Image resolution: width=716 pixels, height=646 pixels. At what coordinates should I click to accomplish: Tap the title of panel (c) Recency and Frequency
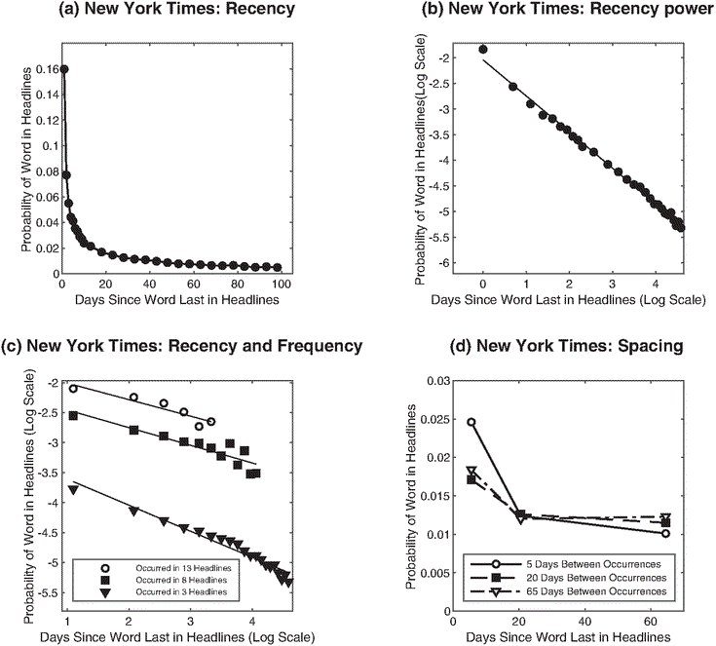(x=182, y=346)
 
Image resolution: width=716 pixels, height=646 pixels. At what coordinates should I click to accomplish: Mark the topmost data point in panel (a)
(x=63, y=69)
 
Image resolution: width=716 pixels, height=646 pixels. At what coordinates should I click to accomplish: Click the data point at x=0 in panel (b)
(x=483, y=49)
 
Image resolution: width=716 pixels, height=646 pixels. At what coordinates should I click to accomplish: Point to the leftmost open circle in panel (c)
(x=73, y=388)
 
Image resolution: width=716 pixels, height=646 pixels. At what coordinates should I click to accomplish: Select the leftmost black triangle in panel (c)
(x=73, y=489)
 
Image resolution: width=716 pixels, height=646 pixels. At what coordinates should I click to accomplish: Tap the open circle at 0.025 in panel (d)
(x=471, y=422)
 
